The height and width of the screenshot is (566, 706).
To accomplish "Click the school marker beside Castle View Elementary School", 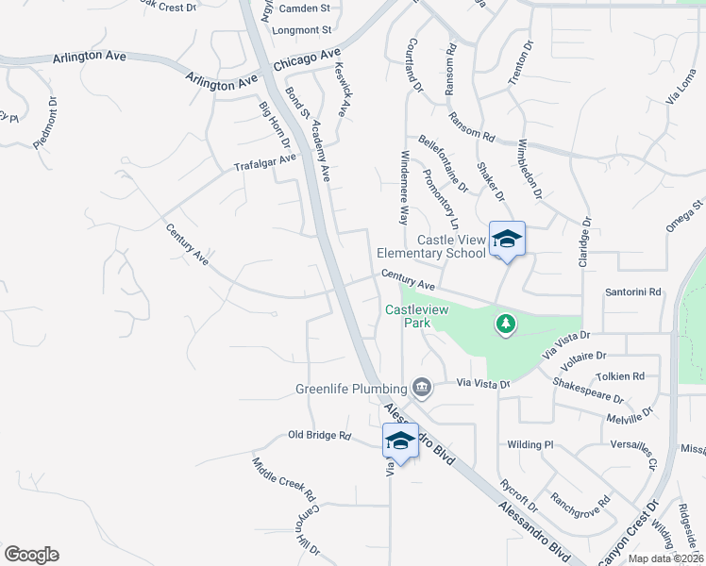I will tap(507, 240).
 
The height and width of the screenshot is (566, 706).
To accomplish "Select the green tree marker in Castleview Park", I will tap(506, 325).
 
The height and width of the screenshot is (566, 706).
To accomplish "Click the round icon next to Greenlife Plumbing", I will tap(422, 387).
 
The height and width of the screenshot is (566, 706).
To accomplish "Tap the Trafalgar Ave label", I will tap(265, 162).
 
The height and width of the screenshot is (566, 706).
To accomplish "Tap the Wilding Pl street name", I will tap(529, 444).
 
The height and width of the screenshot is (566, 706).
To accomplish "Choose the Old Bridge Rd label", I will tap(319, 436).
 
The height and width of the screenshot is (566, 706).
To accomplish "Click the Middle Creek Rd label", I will tap(282, 481).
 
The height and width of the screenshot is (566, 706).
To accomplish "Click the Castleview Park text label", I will tap(408, 316).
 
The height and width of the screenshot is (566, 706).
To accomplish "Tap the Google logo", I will tap(31, 555).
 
